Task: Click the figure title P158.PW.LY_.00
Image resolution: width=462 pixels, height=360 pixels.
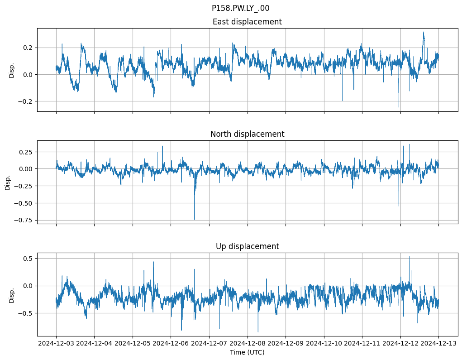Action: pyautogui.click(x=240, y=8)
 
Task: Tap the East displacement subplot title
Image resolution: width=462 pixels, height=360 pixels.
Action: pyautogui.click(x=247, y=22)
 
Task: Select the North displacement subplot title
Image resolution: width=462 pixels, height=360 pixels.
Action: pyautogui.click(x=247, y=134)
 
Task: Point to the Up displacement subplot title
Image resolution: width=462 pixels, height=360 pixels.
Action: pyautogui.click(x=247, y=246)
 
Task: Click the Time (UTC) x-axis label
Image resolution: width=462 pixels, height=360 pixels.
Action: pyautogui.click(x=247, y=352)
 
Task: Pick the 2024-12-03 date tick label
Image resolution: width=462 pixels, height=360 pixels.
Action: pyautogui.click(x=56, y=343)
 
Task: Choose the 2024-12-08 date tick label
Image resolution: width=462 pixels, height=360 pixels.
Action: pyautogui.click(x=247, y=343)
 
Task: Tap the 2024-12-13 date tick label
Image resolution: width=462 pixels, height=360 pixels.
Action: pyautogui.click(x=438, y=343)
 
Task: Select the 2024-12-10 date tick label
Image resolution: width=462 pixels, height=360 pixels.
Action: pyautogui.click(x=324, y=343)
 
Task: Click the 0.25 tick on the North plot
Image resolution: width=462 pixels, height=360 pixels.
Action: pyautogui.click(x=25, y=152)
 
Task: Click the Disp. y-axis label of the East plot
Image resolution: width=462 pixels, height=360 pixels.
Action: pyautogui.click(x=12, y=70)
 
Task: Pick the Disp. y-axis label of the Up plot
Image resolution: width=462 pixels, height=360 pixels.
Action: pyautogui.click(x=12, y=295)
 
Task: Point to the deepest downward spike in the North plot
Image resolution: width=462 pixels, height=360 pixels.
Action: pyautogui.click(x=195, y=219)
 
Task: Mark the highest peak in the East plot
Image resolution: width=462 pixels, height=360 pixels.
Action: pyautogui.click(x=423, y=32)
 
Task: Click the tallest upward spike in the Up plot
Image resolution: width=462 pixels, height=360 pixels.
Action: pyautogui.click(x=409, y=257)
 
